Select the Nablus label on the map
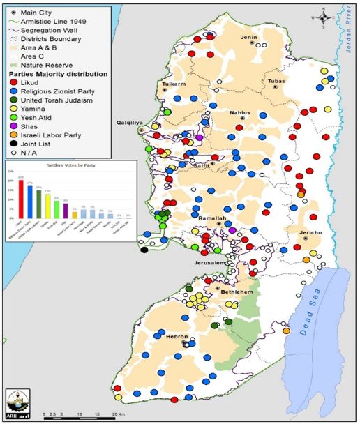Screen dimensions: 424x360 (x=239, y=112)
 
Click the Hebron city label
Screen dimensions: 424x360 (x=177, y=336)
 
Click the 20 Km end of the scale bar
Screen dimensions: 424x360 (x=105, y=413)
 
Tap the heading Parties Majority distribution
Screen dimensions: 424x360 (x=57, y=73)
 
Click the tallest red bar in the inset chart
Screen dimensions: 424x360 (x=21, y=199)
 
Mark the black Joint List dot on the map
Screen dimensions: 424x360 (x=144, y=249)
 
